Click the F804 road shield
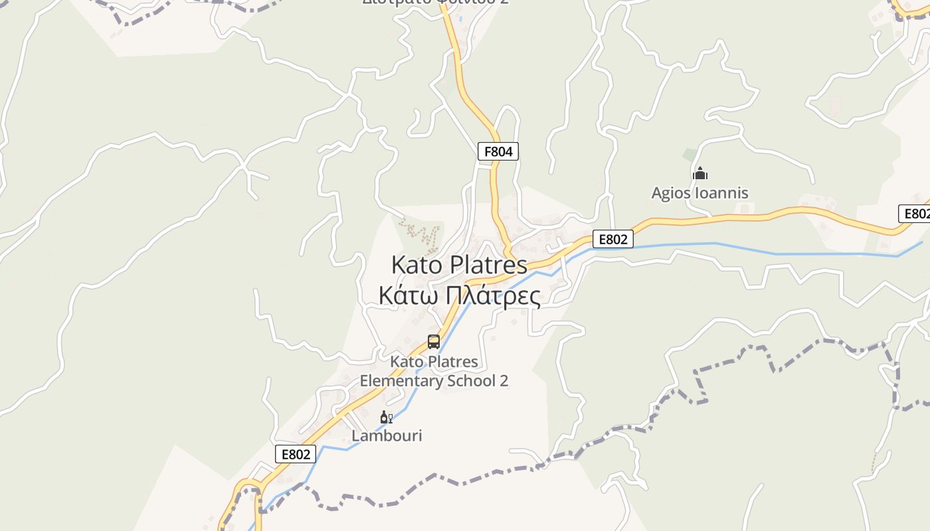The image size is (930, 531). coord(498,151)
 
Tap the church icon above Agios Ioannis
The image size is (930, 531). coord(699,174)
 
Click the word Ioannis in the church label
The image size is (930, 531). coord(721,193)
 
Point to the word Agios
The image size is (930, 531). coord(671,193)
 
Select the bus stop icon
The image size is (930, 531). coord(434,342)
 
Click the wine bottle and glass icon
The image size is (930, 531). coord(385,417)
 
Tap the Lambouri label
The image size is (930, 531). coord(387,435)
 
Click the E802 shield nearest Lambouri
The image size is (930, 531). coord(296,454)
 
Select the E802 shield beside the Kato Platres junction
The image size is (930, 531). coord(612,239)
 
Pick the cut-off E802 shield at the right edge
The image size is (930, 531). coord(915,214)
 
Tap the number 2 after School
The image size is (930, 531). coord(504,381)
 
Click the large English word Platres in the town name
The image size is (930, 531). coord(488,265)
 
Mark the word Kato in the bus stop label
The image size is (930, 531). coord(405,362)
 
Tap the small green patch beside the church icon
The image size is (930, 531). coord(690,155)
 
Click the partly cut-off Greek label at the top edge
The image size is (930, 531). coord(436,2)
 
